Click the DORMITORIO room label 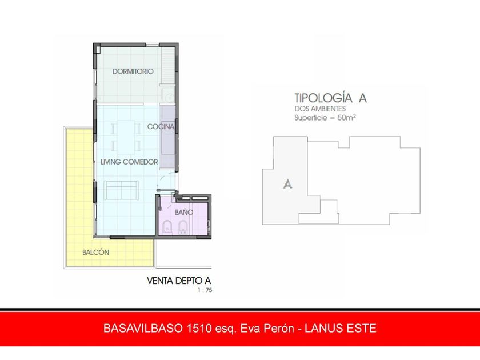click(x=133, y=71)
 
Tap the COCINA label click(x=161, y=126)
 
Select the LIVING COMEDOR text click(x=129, y=162)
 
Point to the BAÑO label click(x=183, y=212)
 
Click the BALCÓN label click(x=96, y=252)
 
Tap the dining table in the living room click(x=126, y=137)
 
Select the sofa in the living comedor click(x=122, y=190)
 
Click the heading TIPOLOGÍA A click(x=330, y=98)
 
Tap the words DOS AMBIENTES click(x=320, y=109)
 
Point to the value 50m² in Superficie click(x=346, y=118)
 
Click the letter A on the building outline click(x=287, y=183)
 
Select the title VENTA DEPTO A click(x=179, y=281)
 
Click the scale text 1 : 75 click(x=205, y=290)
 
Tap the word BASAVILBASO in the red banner click(x=143, y=328)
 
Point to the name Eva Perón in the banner click(x=267, y=328)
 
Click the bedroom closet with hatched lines click(x=168, y=65)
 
